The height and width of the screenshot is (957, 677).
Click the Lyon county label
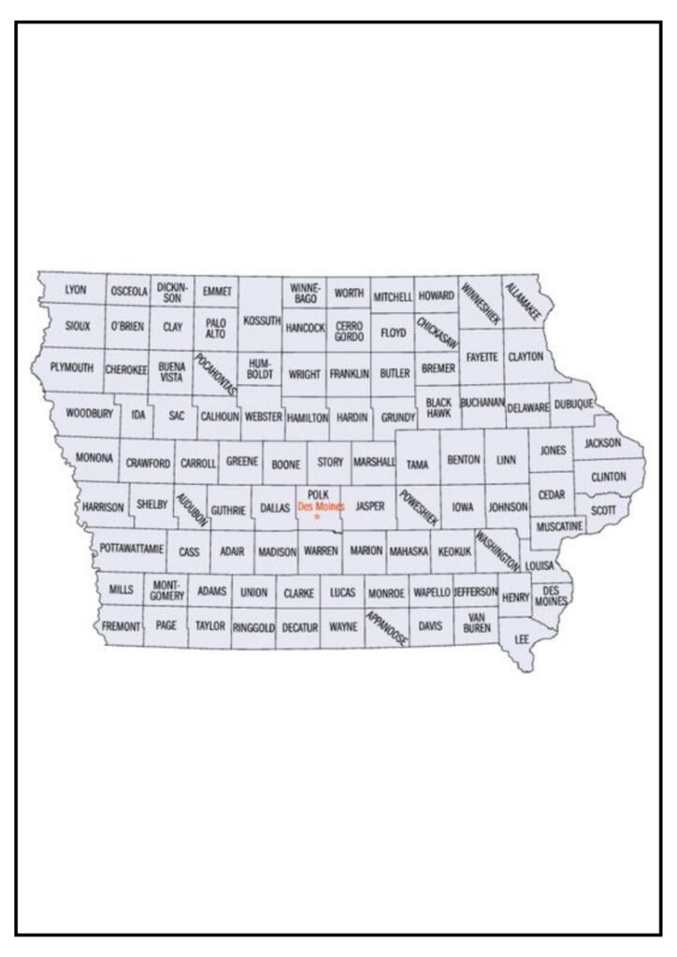click(x=76, y=290)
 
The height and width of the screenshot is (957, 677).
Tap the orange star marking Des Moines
click(x=318, y=517)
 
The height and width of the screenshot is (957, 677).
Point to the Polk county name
click(x=318, y=494)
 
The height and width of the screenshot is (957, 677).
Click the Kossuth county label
click(x=261, y=321)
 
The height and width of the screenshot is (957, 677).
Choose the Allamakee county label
click(x=523, y=301)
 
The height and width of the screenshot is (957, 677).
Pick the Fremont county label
click(x=121, y=625)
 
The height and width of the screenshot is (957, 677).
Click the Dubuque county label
click(x=573, y=405)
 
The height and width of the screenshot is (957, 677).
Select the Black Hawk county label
click(x=439, y=407)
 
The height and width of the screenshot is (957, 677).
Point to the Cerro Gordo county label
click(x=350, y=331)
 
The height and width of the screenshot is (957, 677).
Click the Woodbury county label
click(x=89, y=412)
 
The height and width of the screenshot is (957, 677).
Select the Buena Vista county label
click(x=172, y=372)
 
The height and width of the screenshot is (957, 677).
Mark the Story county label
click(x=330, y=462)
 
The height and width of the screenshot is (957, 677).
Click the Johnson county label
click(x=509, y=507)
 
